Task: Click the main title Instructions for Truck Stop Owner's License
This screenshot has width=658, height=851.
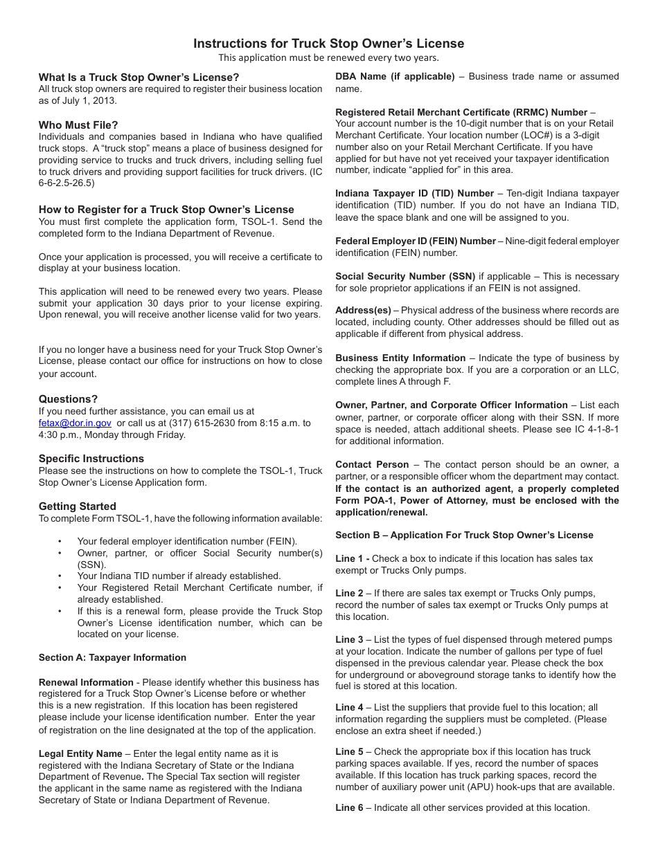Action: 328,44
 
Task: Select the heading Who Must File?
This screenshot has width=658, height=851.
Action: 78,125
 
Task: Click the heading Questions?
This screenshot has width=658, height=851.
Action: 68,399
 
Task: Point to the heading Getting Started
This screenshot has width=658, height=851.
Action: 78,506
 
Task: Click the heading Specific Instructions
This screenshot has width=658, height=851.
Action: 91,459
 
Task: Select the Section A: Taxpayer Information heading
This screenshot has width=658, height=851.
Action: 112,657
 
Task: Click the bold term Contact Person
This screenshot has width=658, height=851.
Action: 372,465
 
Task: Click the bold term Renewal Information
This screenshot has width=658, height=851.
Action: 86,682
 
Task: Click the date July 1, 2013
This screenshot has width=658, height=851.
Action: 91,100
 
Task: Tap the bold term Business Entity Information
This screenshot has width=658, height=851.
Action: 400,358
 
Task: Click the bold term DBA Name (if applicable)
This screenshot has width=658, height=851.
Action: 395,77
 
